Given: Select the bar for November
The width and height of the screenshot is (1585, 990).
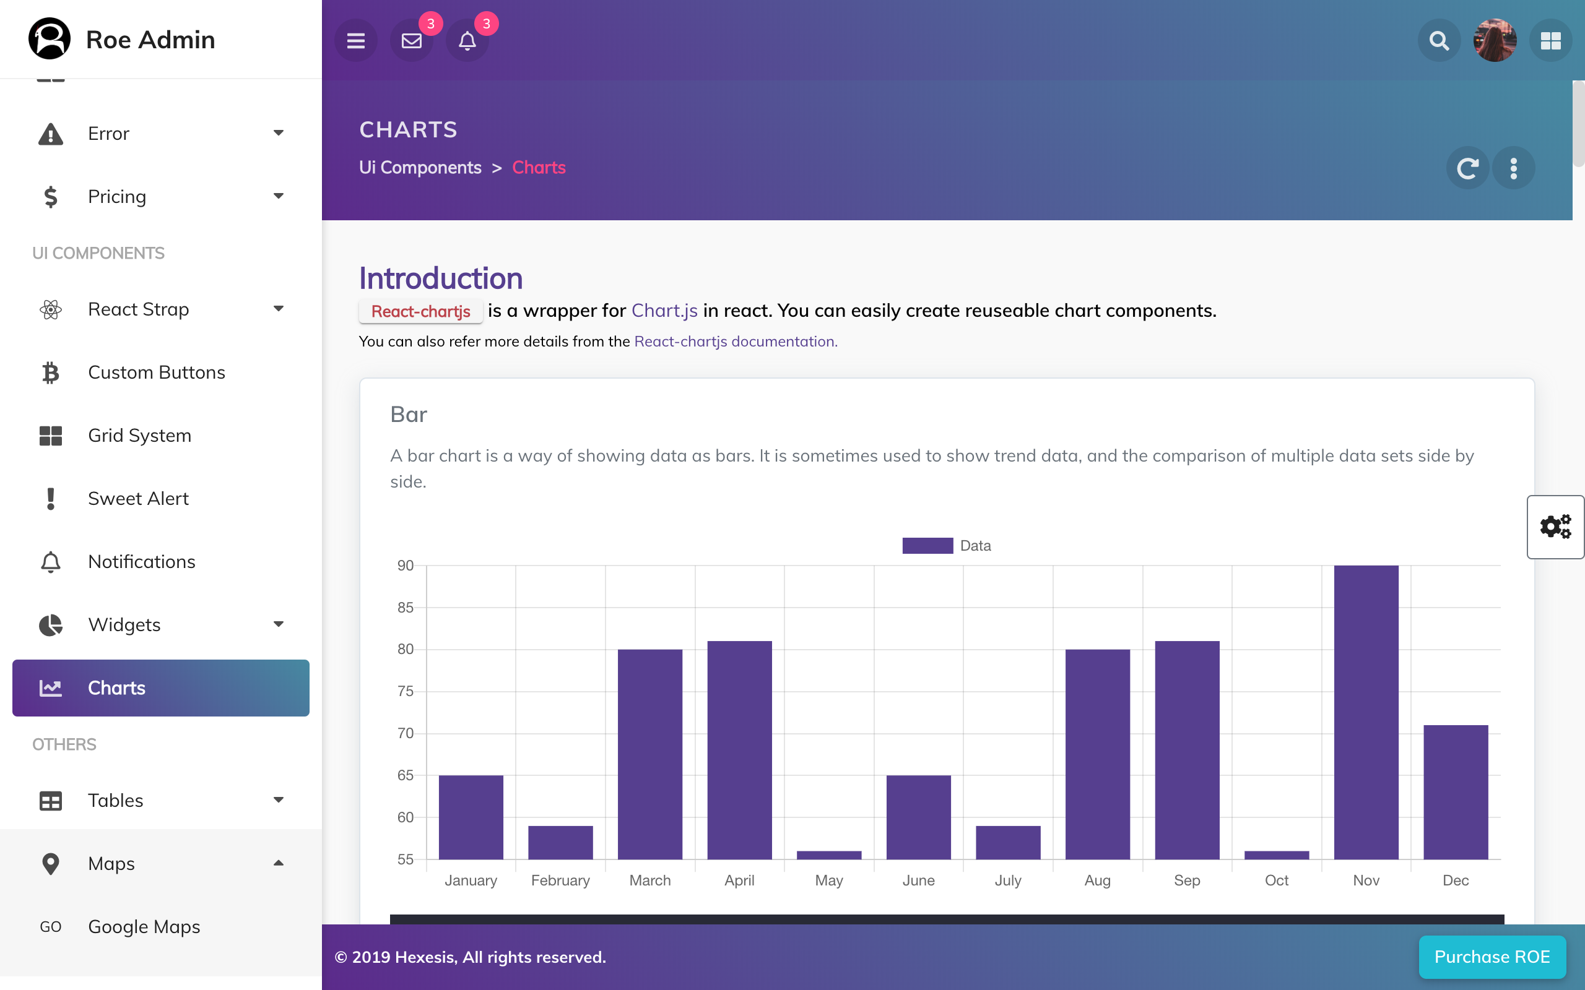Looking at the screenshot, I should (1366, 712).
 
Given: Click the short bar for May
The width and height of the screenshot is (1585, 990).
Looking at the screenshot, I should (828, 855).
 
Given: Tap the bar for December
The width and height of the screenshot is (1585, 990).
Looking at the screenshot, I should (1456, 791).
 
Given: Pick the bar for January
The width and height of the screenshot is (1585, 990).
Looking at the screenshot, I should (471, 817).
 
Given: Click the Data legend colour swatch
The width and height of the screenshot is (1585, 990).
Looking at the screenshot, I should (927, 545).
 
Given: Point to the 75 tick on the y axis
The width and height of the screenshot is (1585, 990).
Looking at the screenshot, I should (406, 691).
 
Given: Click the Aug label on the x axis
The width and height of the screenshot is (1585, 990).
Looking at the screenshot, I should (1097, 880).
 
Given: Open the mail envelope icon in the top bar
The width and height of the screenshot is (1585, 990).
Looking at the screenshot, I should (411, 41).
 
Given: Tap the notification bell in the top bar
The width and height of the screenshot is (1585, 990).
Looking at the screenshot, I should (467, 41).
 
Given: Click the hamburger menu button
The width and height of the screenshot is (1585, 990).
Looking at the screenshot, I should (355, 41).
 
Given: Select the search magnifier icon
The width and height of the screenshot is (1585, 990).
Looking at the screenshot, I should (1439, 41).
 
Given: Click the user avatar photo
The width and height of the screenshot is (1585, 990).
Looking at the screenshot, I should (1495, 41).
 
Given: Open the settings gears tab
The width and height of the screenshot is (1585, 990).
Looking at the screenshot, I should (1555, 527).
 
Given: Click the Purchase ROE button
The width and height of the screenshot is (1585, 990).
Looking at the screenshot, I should (1492, 957).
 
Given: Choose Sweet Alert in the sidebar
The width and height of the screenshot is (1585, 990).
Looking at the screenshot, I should (138, 499).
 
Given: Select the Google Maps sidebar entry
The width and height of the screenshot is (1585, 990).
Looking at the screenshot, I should (144, 926).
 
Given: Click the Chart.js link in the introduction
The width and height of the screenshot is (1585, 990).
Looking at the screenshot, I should (664, 311).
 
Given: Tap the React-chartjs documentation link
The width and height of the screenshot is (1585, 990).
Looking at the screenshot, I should (736, 342).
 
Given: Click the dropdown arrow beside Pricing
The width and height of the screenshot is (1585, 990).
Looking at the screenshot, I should (279, 196).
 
